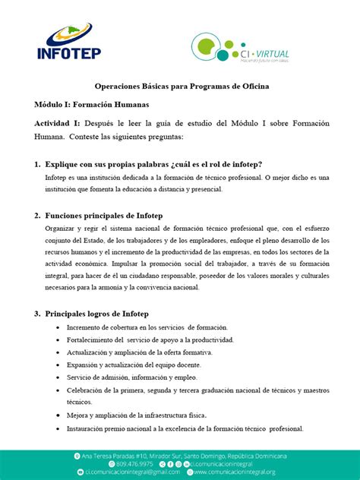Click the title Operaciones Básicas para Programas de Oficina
181,87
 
